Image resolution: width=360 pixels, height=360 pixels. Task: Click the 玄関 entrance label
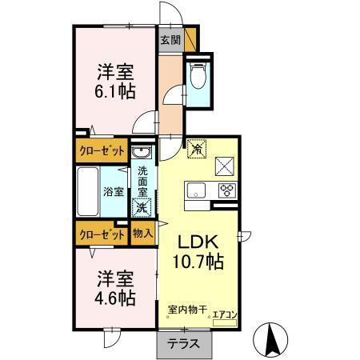169,39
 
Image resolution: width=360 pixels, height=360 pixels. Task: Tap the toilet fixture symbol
198,77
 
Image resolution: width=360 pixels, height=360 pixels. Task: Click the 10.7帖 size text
198,262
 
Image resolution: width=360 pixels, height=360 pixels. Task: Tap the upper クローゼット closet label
102,150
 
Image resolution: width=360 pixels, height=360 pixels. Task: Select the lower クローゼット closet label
101,234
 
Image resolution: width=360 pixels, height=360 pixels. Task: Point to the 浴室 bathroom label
113,191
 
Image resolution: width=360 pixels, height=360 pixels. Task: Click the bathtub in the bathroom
88,191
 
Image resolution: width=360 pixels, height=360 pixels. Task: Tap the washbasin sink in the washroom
142,154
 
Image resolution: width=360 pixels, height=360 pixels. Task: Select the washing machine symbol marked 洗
142,207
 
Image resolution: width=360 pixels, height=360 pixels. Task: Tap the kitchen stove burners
226,190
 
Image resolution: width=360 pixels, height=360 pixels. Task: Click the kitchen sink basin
197,190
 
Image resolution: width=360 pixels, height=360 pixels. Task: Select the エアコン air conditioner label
225,314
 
